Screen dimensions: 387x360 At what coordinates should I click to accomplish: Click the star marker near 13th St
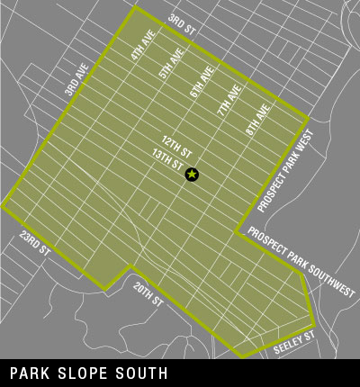(x=192, y=174)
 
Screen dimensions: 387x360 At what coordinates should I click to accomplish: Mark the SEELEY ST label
(x=293, y=341)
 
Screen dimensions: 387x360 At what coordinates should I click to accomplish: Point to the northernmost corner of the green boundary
(x=135, y=7)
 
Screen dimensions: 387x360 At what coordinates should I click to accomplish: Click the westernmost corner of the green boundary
(x=3, y=205)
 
